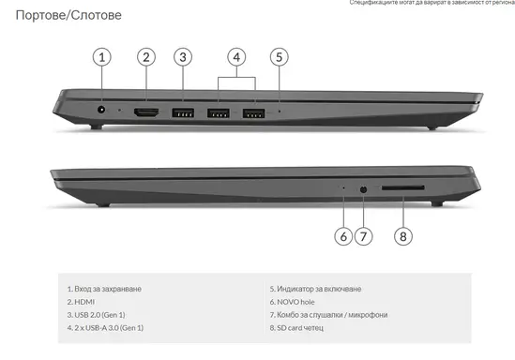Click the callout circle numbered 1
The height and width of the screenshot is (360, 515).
tap(102, 56)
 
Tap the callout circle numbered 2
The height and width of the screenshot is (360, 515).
tap(145, 56)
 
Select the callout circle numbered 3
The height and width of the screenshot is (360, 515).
tap(183, 56)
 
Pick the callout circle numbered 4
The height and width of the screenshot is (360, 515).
tap(237, 56)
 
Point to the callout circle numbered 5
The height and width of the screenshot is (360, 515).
tap(279, 56)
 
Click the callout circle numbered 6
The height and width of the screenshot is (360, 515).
tap(343, 236)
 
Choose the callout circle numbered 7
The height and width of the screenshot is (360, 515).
tap(364, 236)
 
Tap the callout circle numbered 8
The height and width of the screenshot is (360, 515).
tap(402, 236)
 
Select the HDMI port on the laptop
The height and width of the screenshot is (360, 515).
tap(145, 113)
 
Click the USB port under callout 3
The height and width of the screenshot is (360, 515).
tap(183, 113)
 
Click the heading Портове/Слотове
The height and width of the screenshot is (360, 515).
tap(61, 16)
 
